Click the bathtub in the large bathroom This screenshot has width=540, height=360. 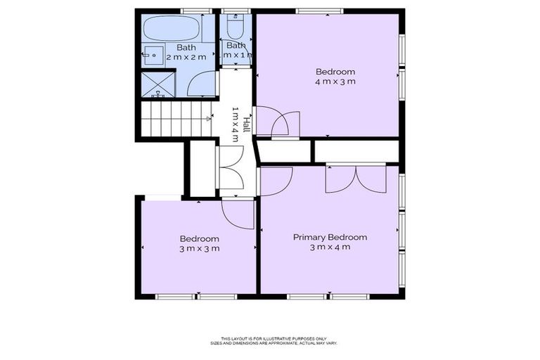click(171, 30)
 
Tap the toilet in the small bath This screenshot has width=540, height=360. click(236, 28)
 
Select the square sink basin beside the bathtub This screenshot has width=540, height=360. click(153, 53)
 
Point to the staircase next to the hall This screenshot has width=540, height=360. click(176, 119)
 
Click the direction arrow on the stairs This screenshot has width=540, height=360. click(209, 119)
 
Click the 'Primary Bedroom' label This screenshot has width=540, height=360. click(330, 237)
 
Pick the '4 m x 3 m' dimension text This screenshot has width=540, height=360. click(335, 82)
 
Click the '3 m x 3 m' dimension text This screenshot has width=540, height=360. click(199, 248)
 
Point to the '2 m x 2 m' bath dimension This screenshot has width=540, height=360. click(186, 56)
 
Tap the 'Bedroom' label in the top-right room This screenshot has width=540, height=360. click(335, 72)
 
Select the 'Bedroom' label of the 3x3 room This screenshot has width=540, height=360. click(199, 238)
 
